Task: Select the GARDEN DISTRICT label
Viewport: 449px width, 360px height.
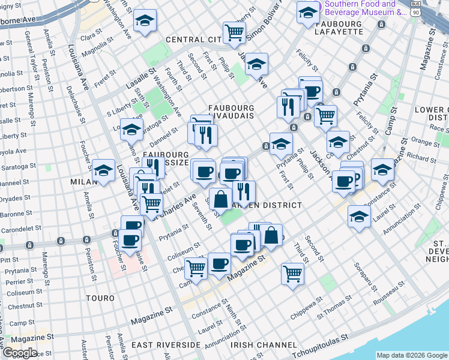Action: (267, 205)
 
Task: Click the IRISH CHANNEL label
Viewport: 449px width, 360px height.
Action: (264, 345)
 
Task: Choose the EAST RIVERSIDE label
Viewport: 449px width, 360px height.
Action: (166, 345)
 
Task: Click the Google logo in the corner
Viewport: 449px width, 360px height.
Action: (19, 353)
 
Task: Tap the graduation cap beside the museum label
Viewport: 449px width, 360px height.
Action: (309, 11)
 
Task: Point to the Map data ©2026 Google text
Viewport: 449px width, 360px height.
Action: (412, 355)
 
